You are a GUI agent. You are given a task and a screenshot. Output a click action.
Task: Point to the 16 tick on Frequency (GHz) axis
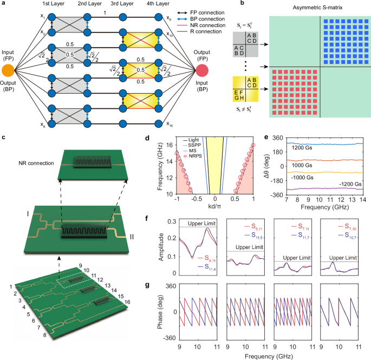pos(165,145)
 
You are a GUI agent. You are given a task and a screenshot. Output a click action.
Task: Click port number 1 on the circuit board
pos(10,286)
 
